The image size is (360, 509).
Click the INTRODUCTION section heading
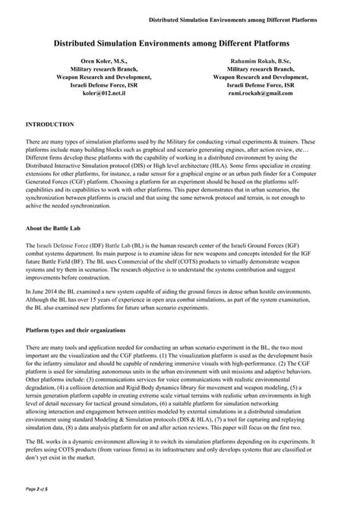pos(49,123)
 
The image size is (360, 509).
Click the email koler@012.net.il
pos(106,95)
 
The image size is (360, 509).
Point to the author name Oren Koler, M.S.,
pos(106,58)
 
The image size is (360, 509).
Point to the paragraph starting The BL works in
pos(180,451)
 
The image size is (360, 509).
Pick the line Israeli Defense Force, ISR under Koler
pos(106,86)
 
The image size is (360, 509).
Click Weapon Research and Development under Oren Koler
pos(106,77)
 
